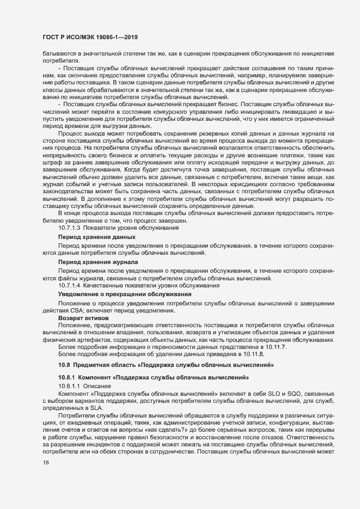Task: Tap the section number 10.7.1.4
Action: click(x=70, y=285)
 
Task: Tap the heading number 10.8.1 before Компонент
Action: click(x=67, y=377)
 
